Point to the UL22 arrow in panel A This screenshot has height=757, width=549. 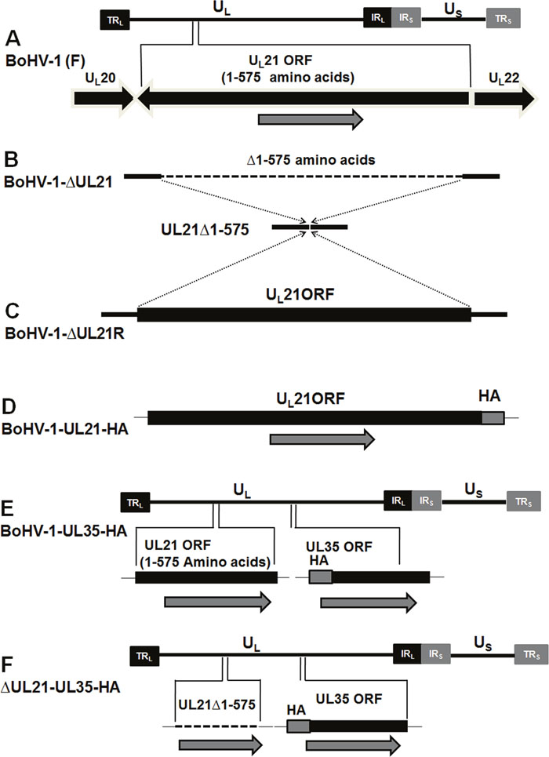pos(499,97)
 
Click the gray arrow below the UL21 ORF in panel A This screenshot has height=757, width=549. pos(311,118)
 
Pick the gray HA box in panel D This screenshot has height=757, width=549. pos(493,418)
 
